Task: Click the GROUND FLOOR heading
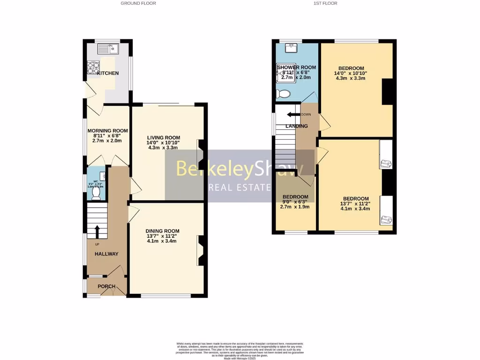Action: point(138,3)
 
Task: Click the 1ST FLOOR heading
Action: point(326,3)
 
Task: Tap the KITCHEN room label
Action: point(108,73)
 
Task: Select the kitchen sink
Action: point(108,48)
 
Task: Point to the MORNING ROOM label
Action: point(107,131)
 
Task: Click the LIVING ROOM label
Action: point(163,138)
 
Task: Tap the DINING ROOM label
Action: point(163,231)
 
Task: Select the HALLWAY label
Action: point(106,254)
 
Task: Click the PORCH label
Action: point(106,286)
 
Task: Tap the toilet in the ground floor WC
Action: point(97,192)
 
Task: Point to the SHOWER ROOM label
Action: point(297,67)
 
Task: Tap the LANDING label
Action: point(297,126)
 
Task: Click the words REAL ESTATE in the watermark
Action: point(239,188)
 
